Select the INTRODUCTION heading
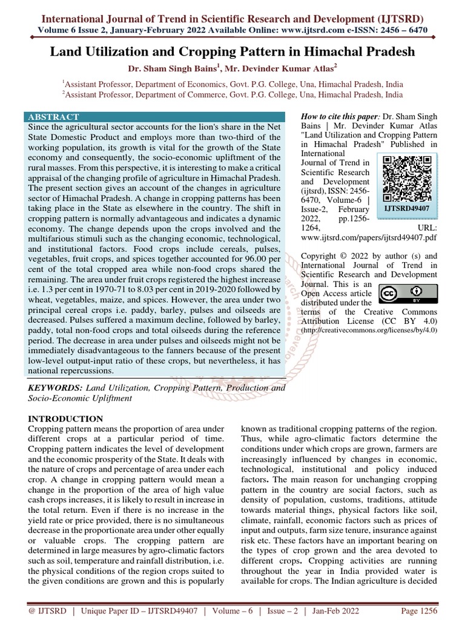pyautogui.click(x=66, y=418)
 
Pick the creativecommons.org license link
pyautogui.click(x=369, y=329)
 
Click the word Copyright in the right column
pyautogui.click(x=323, y=256)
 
